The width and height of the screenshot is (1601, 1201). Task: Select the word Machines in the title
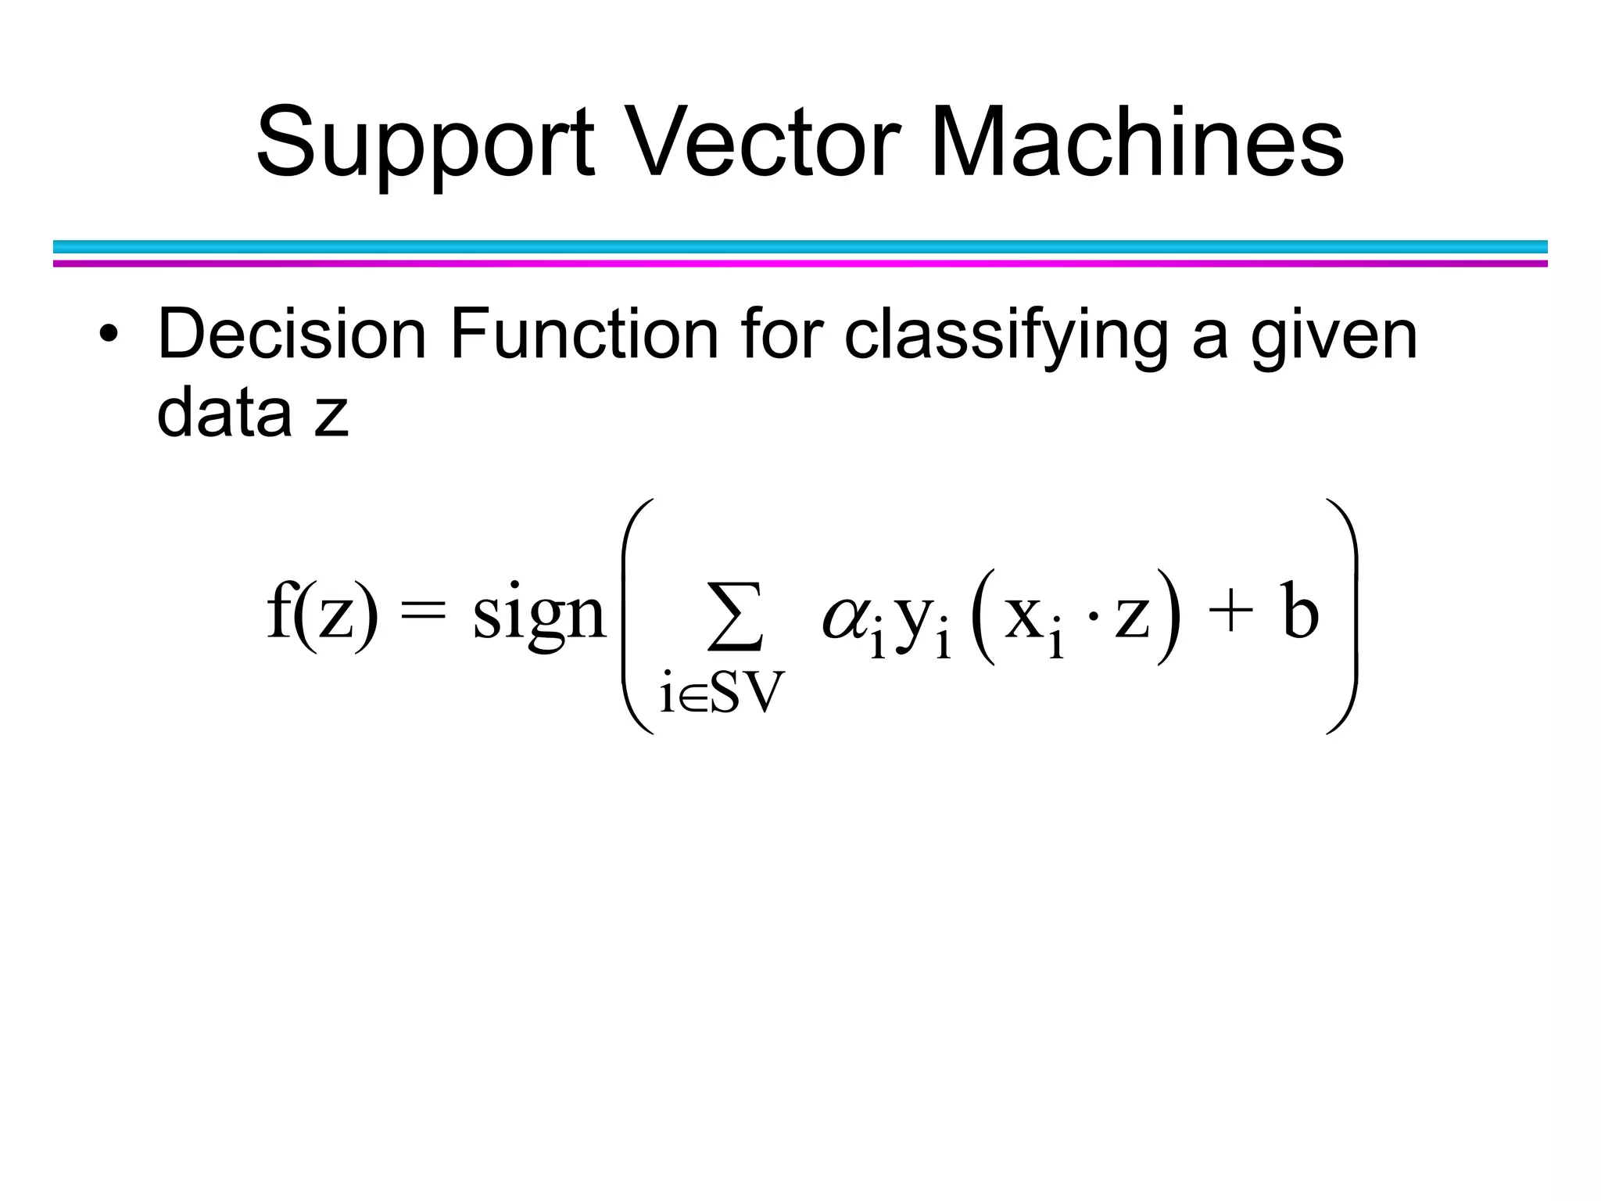[1137, 144]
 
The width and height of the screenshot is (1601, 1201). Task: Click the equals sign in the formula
[423, 613]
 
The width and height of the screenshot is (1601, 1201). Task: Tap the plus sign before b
[1226, 613]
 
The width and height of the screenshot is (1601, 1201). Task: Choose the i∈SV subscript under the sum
[721, 693]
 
